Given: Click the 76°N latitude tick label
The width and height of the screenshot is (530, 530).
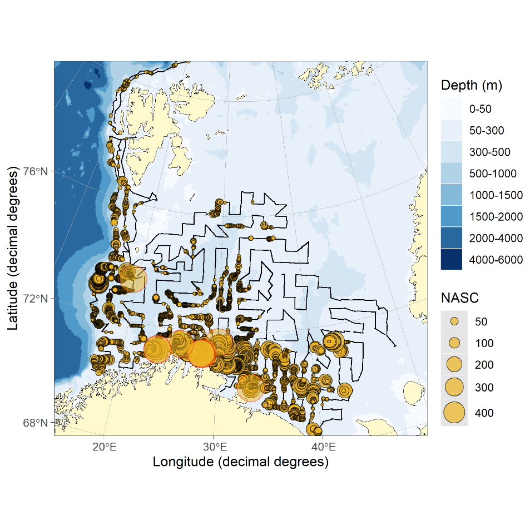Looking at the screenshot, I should pos(36,171).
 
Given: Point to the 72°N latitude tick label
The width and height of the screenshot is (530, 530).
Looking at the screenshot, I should pos(36,299).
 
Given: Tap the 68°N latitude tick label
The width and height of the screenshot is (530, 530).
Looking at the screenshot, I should pos(36,423).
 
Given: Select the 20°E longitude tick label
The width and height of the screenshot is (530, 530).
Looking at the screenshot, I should pos(105,447).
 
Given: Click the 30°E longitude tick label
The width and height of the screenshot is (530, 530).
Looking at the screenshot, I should pos(215,447).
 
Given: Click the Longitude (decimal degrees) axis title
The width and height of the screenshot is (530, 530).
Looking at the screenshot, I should pos(240,462).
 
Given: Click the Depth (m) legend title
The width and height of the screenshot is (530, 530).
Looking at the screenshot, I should pos(471,86).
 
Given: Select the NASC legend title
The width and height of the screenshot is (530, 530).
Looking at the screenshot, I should pos(459,298).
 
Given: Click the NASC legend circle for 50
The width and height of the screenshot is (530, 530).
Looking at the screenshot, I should pos(454,321).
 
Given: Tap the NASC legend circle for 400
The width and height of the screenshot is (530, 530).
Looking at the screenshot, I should pos(454,413).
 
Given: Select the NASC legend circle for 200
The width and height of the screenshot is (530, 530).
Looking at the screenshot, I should pos(454,364).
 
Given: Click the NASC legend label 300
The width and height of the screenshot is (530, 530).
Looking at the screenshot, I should pos(484,387).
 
